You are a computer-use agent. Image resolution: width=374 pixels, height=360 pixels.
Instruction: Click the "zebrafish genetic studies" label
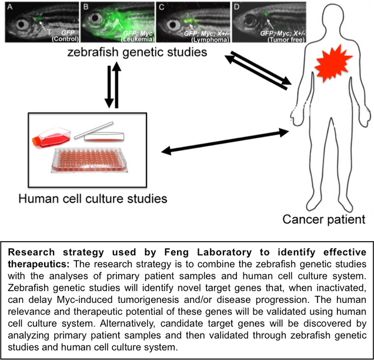(x=138, y=53)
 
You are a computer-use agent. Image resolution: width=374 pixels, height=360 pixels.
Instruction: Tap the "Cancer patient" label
(x=323, y=219)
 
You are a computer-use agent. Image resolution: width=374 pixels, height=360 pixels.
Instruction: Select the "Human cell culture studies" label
(x=92, y=198)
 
